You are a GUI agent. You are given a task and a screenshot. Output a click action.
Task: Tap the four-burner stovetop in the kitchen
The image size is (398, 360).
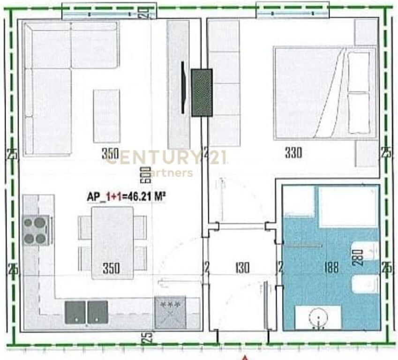(x=36, y=230)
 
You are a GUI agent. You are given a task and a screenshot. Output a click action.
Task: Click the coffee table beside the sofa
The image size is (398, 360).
(x=106, y=116)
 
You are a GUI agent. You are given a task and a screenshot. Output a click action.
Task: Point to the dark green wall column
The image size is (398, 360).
(x=202, y=92)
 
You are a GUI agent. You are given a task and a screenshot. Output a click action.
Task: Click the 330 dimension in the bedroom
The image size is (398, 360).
(x=293, y=152)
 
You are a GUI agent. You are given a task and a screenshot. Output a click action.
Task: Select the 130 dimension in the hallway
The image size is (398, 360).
(x=242, y=268)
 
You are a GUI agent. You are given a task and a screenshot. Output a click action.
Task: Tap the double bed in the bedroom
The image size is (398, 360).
(x=323, y=92)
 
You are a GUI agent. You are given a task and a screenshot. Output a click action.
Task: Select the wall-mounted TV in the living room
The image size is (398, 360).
(x=183, y=88)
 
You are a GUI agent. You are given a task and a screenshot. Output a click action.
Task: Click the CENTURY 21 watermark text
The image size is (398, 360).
(x=166, y=157)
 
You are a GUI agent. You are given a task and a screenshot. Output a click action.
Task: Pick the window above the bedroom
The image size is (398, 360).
(x=293, y=10)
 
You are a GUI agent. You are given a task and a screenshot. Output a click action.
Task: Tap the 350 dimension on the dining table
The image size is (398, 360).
(x=111, y=268)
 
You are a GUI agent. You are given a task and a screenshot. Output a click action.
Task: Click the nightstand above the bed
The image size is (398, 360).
(x=366, y=32)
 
